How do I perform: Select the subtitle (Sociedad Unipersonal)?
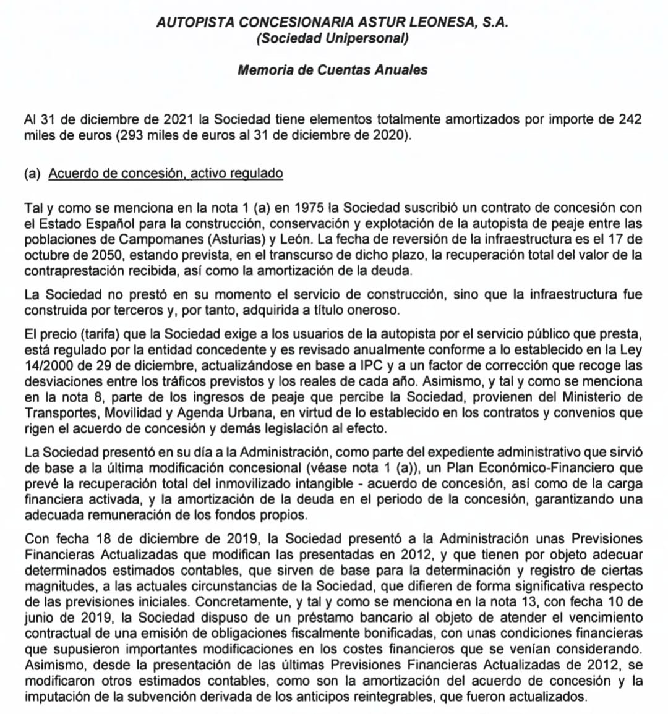coord(332,38)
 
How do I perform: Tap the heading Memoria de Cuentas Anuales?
coord(332,70)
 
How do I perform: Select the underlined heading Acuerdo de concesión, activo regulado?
coord(166,173)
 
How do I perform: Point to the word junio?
coord(38,617)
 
